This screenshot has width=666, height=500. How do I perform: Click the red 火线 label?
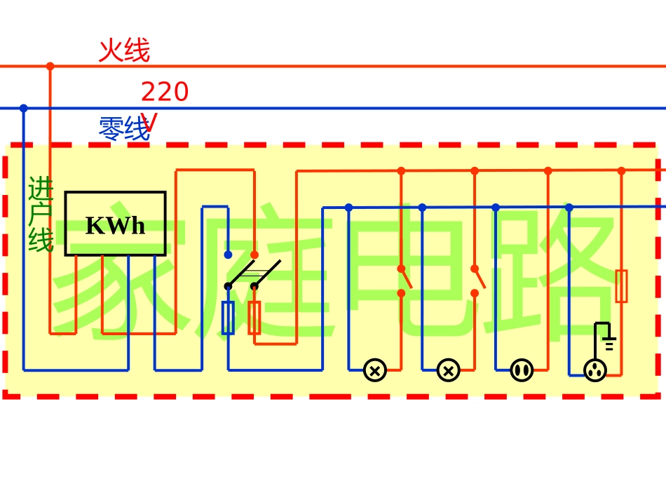point(124,51)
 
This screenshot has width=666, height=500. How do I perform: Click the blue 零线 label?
point(123,129)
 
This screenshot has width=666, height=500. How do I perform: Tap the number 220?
point(165,92)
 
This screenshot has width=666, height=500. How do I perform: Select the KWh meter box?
point(115,224)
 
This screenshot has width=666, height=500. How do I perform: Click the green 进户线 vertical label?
point(41,215)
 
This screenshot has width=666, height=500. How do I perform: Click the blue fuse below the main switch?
point(228,318)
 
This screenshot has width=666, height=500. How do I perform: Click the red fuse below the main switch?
point(254,318)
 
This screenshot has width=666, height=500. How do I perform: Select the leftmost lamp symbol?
point(375,370)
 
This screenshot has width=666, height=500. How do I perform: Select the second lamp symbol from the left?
point(449,370)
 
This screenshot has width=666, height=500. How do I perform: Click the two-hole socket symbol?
point(522,370)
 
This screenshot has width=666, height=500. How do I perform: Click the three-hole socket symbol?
point(595,370)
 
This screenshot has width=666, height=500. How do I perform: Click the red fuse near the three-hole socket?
point(621,286)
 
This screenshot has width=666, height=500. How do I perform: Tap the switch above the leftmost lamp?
point(405,280)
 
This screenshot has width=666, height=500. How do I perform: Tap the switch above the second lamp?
point(478,280)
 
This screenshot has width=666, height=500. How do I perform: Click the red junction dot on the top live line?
point(50,67)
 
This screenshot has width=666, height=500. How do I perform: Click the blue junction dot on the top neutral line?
point(23,108)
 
